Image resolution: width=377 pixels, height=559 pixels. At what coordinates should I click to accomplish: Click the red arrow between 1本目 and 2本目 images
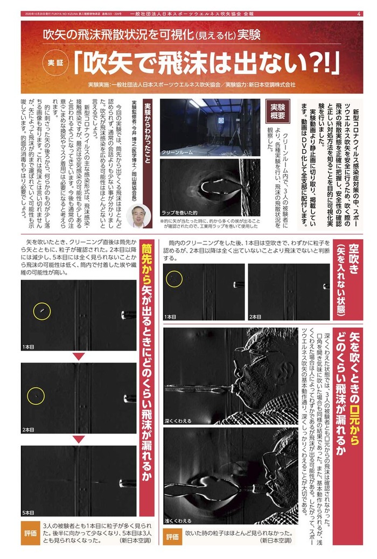(78, 357)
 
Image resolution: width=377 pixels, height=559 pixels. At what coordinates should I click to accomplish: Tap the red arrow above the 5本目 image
(78, 439)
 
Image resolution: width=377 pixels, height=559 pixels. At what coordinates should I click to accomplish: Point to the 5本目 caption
(29, 512)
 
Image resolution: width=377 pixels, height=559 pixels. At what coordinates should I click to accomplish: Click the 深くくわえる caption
(178, 420)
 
